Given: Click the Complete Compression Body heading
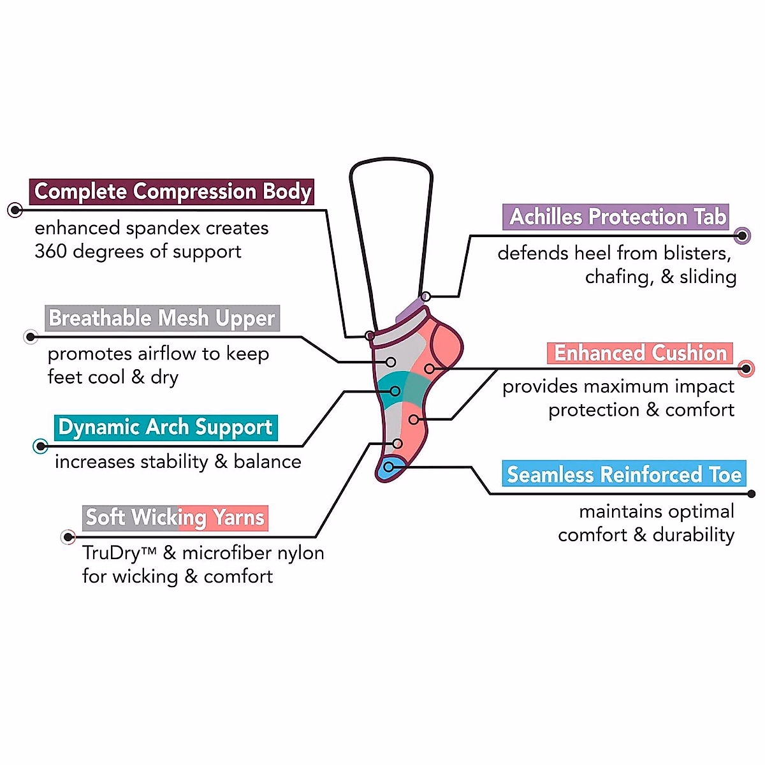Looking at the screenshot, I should pyautogui.click(x=172, y=192).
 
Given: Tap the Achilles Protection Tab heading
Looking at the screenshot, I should pyautogui.click(x=616, y=217).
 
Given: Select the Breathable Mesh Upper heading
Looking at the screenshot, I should pyautogui.click(x=162, y=318).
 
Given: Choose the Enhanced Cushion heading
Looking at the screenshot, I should pyautogui.click(x=640, y=353).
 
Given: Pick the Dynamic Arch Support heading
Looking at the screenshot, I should pyautogui.click(x=166, y=427).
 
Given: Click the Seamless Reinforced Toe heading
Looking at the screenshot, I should pyautogui.click(x=623, y=474).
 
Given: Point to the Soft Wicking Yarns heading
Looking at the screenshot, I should pyautogui.click(x=175, y=518).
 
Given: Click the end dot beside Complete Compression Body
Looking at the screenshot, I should pyautogui.click(x=15, y=210).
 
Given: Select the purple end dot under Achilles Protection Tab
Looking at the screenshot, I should pyautogui.click(x=742, y=236).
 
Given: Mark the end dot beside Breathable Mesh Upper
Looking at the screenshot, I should pyautogui.click(x=31, y=337).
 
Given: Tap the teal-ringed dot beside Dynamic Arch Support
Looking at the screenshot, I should pyautogui.click(x=41, y=446).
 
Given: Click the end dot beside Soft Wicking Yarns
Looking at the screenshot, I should pyautogui.click(x=68, y=537).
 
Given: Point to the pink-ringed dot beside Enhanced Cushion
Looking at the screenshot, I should pyautogui.click(x=746, y=368).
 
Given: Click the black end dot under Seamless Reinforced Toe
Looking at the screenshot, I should pyautogui.click(x=752, y=493).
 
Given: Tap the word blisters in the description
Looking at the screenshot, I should pyautogui.click(x=696, y=253).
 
